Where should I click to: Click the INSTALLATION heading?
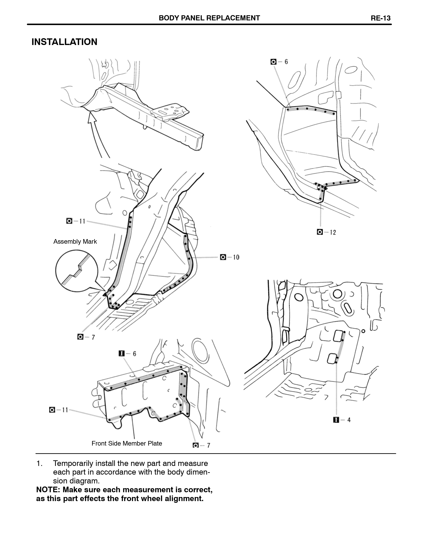point(64,42)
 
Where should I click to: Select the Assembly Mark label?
point(75,241)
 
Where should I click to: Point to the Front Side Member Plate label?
point(127,443)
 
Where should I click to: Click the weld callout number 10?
point(236,257)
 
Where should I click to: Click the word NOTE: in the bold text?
point(48,490)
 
